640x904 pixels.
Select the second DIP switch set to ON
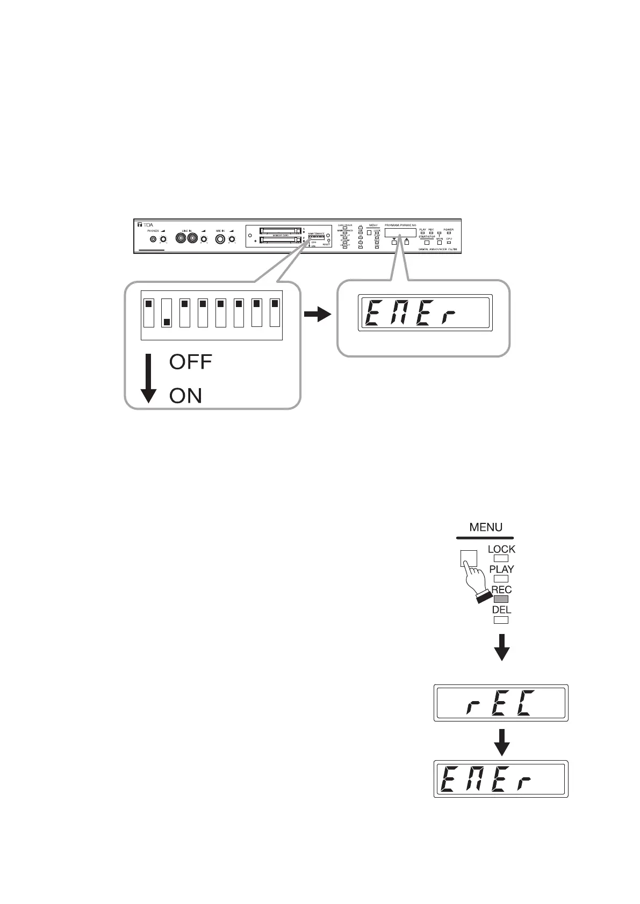167,313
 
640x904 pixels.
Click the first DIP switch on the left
148,313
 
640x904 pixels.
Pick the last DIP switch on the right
275,313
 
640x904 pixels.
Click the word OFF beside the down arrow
191,362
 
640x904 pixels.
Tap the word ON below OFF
185,396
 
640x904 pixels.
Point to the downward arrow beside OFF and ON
148,378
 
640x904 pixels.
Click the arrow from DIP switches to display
318,315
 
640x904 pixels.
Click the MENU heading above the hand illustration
486,527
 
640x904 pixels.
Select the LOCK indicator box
500,558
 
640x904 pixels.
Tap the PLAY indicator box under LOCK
500,579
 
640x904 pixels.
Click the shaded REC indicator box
500,599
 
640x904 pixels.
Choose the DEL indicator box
500,619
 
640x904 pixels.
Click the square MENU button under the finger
469,558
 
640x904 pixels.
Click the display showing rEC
501,703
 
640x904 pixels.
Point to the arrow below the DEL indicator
501,647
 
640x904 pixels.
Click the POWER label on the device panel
448,230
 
